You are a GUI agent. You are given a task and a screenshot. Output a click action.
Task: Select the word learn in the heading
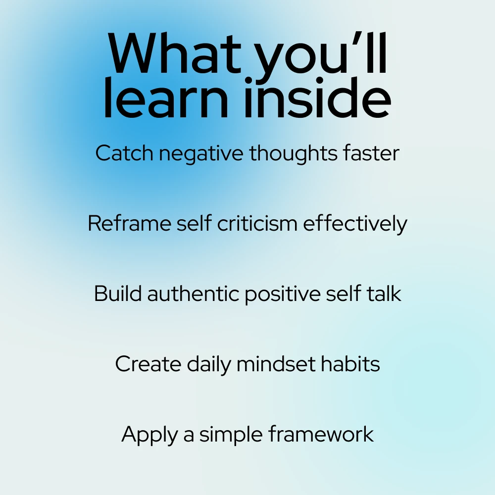tap(165, 98)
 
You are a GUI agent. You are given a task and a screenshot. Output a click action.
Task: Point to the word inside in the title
tap(318, 98)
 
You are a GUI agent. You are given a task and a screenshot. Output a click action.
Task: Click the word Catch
tap(124, 153)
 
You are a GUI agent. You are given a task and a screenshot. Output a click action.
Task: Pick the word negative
tap(201, 154)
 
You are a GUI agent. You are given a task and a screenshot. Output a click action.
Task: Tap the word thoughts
tap(293, 154)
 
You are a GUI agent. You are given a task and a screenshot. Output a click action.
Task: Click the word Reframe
tap(129, 224)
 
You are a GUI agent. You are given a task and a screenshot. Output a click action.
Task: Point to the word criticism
tap(257, 224)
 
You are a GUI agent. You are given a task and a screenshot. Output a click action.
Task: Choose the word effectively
tap(355, 225)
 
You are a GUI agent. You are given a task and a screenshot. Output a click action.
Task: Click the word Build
tap(118, 294)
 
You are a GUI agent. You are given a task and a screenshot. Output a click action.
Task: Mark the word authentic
tap(193, 294)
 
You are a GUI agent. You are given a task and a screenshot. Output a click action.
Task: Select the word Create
tap(148, 364)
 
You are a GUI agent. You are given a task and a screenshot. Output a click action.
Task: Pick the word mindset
tap(276, 364)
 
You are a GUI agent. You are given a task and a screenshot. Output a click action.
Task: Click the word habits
tap(350, 364)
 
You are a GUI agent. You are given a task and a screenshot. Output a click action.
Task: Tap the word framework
tap(321, 434)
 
